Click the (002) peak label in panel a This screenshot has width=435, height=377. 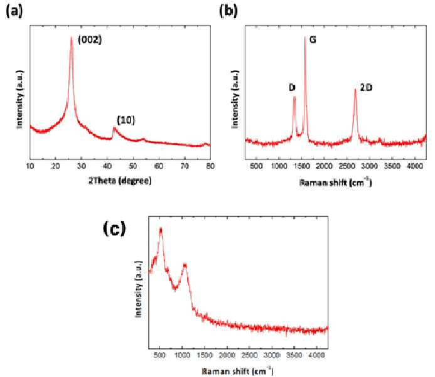(x=90, y=40)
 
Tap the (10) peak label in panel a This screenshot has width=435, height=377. (x=126, y=120)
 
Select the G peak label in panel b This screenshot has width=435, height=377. (x=313, y=40)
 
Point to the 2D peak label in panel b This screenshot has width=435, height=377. (x=366, y=88)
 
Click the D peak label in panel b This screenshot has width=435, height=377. (x=292, y=88)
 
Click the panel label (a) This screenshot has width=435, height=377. (x=14, y=12)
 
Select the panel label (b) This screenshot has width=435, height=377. (x=228, y=12)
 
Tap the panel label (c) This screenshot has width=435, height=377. (x=114, y=229)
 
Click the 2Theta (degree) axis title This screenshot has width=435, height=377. (x=120, y=181)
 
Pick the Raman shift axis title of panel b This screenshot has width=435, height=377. (x=336, y=183)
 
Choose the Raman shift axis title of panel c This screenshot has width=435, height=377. (x=238, y=371)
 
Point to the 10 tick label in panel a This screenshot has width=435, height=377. (x=30, y=166)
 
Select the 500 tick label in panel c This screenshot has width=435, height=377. (x=160, y=355)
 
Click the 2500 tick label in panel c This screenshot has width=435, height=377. (x=250, y=355)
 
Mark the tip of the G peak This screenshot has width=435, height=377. (x=305, y=36)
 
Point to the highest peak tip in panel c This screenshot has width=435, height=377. (x=161, y=228)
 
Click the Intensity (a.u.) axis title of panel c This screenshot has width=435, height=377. (x=139, y=289)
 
